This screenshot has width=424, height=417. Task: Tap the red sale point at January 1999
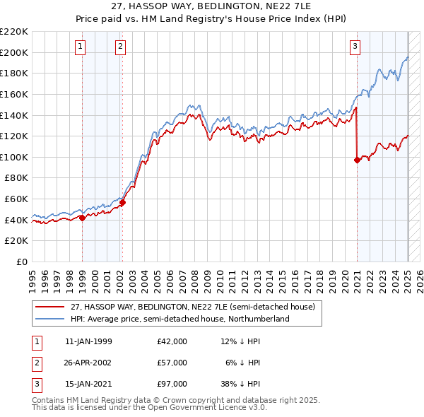coord(82,218)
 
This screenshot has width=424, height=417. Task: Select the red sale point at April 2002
coord(122,202)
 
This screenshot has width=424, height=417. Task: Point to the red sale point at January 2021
coord(357,160)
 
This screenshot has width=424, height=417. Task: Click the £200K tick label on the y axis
coord(15,52)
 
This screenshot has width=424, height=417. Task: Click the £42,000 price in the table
coord(172,341)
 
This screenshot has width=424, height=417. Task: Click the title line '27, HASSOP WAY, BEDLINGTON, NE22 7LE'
coord(212,7)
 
